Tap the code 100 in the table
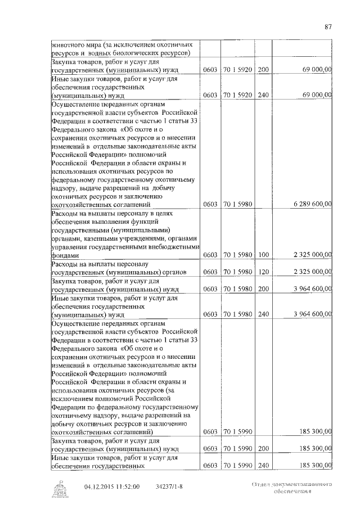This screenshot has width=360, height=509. (263, 255)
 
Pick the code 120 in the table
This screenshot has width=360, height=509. (263, 272)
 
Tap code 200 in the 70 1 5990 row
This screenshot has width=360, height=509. (263, 449)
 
